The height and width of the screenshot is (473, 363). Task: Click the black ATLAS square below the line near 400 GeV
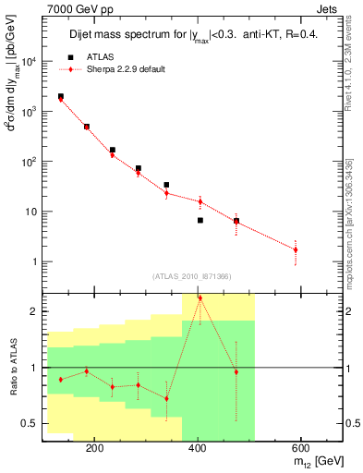(x=200, y=220)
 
